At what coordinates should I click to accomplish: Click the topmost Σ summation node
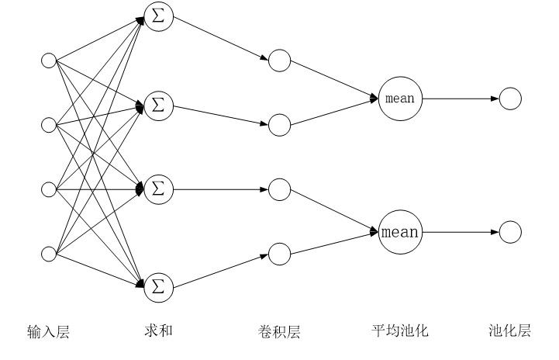[x=158, y=17]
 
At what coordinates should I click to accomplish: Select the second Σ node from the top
[x=158, y=106]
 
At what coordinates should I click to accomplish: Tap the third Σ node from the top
[x=158, y=189]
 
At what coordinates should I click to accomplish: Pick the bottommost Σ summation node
[x=158, y=288]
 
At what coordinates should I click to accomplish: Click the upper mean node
[x=400, y=99]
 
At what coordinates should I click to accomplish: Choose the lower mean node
[x=400, y=232]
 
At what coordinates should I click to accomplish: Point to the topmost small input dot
[x=49, y=61]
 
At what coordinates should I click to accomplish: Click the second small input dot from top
[x=49, y=125]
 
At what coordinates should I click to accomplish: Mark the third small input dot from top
[x=49, y=189]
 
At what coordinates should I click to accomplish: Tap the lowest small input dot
[x=49, y=254]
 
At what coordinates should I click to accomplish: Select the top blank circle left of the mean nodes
[x=279, y=61]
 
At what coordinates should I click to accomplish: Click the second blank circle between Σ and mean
[x=279, y=125]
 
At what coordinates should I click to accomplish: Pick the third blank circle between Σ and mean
[x=279, y=189]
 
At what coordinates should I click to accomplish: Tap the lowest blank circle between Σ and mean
[x=279, y=254]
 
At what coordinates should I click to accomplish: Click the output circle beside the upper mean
[x=510, y=99]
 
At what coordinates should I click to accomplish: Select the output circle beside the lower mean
[x=510, y=232]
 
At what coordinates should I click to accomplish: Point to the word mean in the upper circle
[x=400, y=99]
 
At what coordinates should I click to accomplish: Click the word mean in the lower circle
[x=400, y=233]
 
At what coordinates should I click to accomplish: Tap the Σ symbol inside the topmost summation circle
[x=158, y=17]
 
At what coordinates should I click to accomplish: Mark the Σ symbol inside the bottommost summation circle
[x=158, y=288]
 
